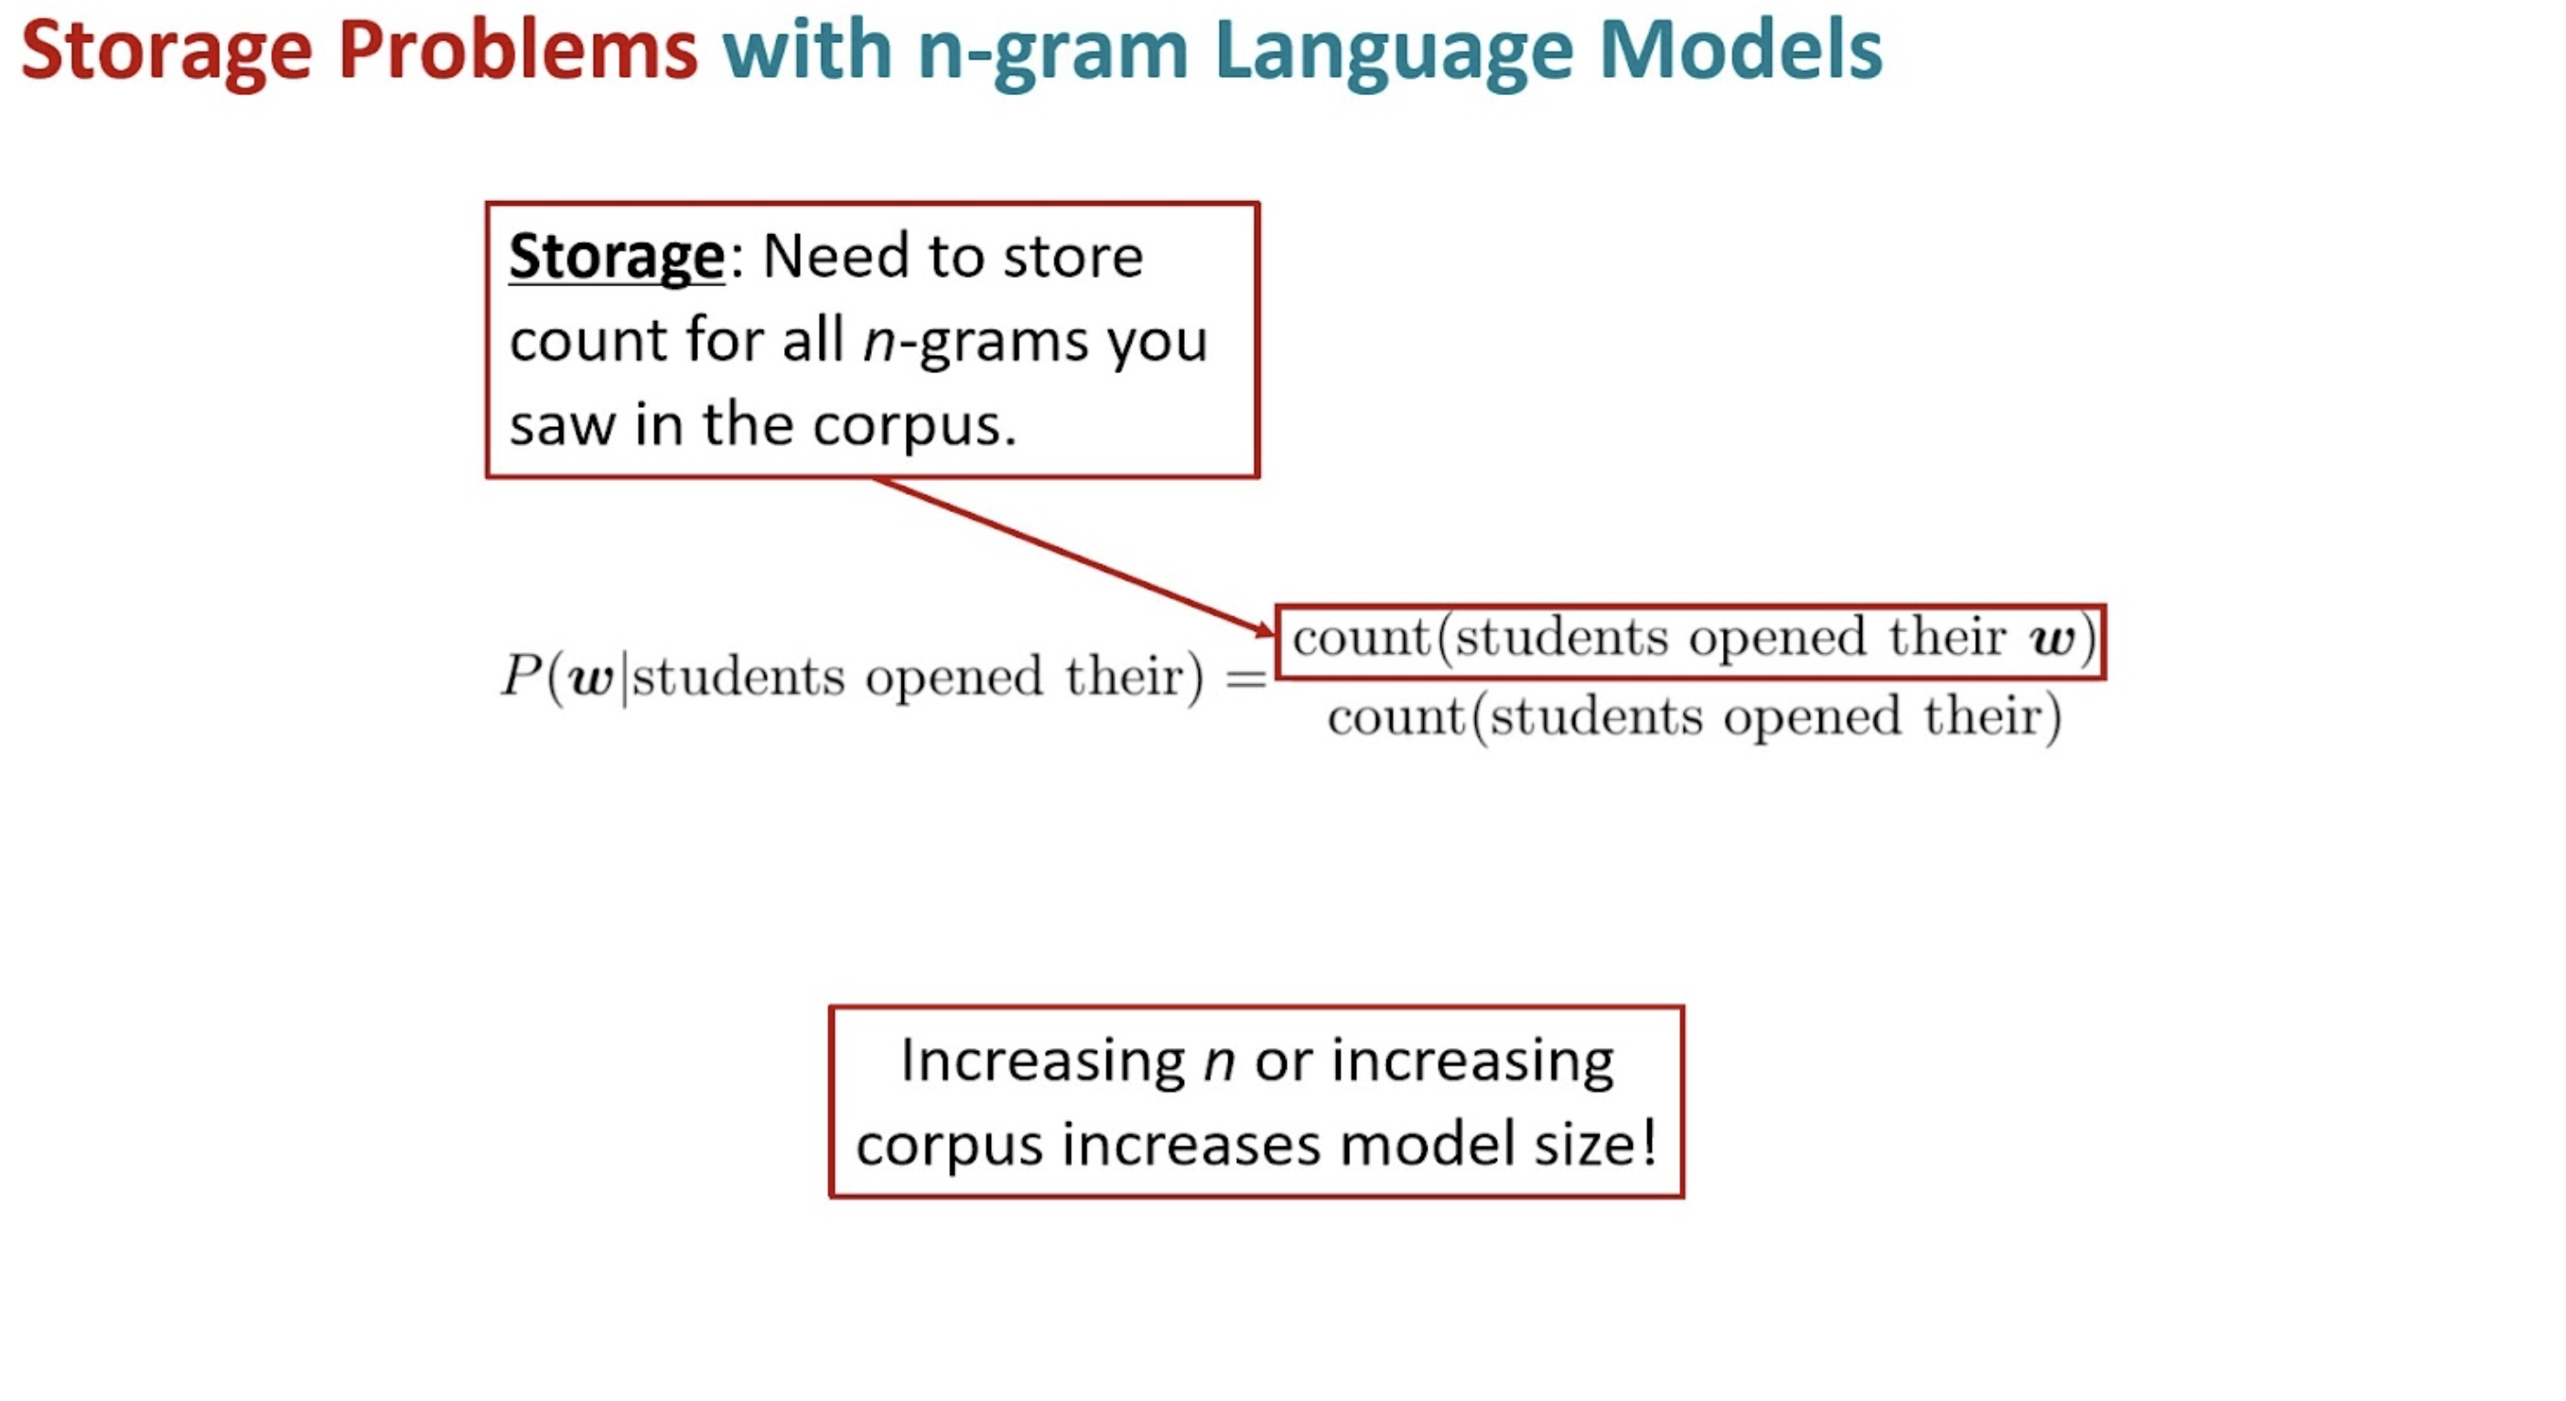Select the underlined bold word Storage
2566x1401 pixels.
617,259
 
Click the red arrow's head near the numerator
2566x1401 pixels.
1265,626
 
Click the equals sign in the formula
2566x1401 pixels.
1245,679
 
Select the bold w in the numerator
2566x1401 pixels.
2052,638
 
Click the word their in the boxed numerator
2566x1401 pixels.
1947,636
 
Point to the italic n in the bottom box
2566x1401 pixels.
1219,1064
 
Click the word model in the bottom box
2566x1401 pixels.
1428,1143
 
